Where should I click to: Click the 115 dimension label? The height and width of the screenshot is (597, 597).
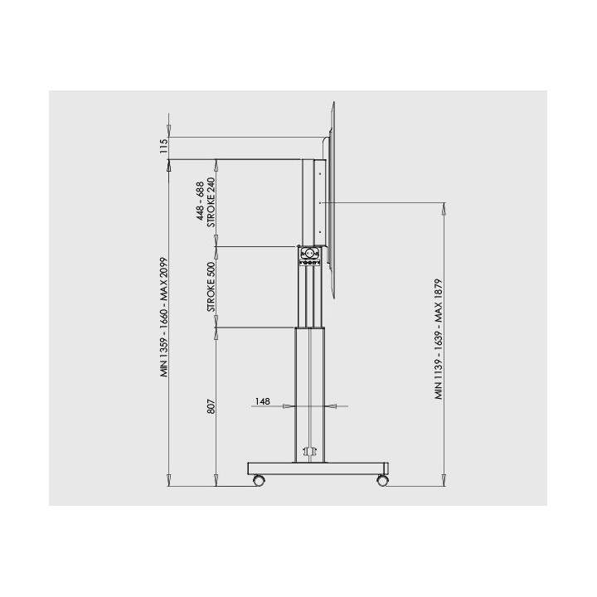coord(163,146)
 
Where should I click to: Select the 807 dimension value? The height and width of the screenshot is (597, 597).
coord(211,406)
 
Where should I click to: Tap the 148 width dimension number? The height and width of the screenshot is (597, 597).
coord(263,401)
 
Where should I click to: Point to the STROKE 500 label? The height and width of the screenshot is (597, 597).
coord(211,287)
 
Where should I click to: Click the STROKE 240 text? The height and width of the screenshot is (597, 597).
coord(211,202)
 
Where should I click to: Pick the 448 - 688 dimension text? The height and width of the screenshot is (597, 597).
coord(201,201)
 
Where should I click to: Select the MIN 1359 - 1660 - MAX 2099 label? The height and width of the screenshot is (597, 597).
coord(163,318)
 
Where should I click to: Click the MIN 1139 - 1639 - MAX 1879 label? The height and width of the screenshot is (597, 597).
coord(439,339)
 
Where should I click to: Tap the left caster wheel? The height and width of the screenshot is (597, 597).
coord(259,480)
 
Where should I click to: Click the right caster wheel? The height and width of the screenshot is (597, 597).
coord(382,480)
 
